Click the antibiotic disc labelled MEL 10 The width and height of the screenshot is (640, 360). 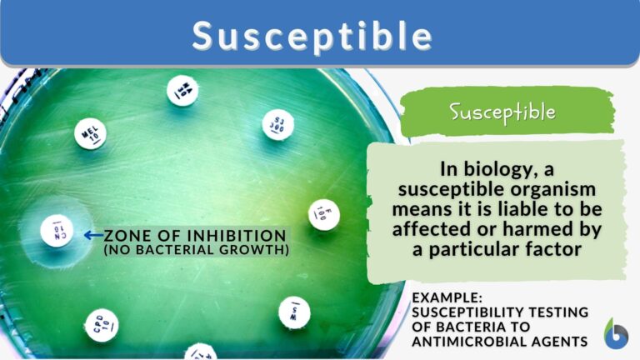pyautogui.click(x=89, y=132)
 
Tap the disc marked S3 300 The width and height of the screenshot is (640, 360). pyautogui.click(x=277, y=125)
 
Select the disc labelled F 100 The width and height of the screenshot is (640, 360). pyautogui.click(x=323, y=215)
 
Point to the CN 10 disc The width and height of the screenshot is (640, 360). pyautogui.click(x=57, y=229)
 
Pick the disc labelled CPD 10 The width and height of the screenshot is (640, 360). pyautogui.click(x=101, y=325)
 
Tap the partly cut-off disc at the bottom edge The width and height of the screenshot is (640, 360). pyautogui.click(x=201, y=352)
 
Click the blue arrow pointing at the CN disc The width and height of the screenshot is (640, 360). pyautogui.click(x=92, y=236)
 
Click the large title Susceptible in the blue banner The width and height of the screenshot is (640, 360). pyautogui.click(x=312, y=36)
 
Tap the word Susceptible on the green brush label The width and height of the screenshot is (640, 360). pyautogui.click(x=502, y=111)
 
